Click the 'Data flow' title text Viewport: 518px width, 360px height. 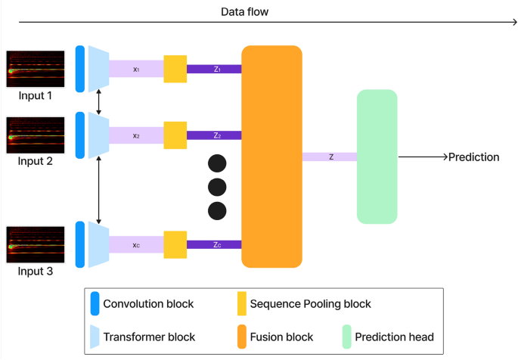click(x=244, y=12)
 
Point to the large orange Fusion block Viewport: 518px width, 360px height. click(x=271, y=156)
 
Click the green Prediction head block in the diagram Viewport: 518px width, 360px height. click(x=377, y=156)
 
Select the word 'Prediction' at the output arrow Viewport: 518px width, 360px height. click(x=473, y=157)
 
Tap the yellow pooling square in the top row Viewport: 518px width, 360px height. click(x=175, y=69)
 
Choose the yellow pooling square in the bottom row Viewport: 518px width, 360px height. click(x=175, y=244)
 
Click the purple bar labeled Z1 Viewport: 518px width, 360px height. click(x=214, y=69)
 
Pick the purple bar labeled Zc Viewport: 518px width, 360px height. click(x=214, y=244)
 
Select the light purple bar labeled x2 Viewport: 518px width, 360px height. click(x=136, y=135)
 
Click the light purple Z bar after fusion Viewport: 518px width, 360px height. click(x=330, y=157)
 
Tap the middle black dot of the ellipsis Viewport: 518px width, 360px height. click(x=217, y=187)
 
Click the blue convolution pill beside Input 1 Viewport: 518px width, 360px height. click(x=80, y=69)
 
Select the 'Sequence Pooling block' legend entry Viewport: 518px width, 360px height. click(x=304, y=304)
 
